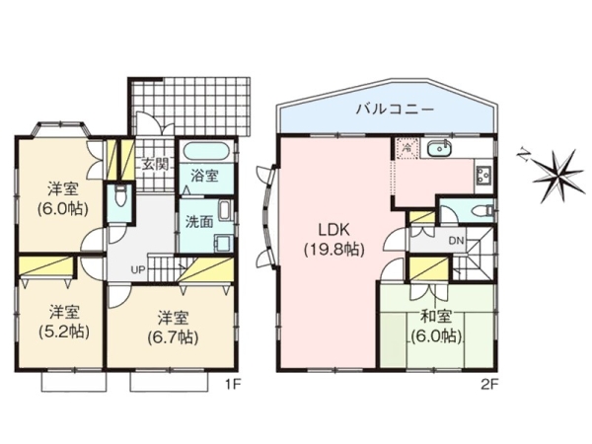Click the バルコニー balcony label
(396, 110)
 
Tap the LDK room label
(334, 229)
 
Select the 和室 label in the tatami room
(436, 317)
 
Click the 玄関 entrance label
(155, 164)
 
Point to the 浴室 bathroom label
(204, 176)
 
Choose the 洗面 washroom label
(199, 222)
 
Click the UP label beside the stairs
(138, 270)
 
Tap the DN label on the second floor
(456, 241)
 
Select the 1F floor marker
(233, 385)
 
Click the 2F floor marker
(490, 385)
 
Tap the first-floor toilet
(120, 195)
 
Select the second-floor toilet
(482, 209)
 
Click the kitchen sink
(439, 148)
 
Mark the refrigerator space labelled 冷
(407, 148)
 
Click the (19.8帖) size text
(334, 250)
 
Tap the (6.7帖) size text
(173, 337)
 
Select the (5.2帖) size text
(64, 332)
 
